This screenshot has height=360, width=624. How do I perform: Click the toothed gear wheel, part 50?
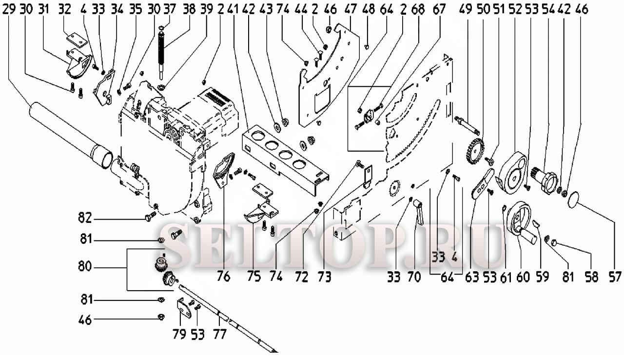pos(474,150)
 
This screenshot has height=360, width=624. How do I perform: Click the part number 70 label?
pos(414,277)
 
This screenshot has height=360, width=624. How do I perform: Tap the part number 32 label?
pos(64,9)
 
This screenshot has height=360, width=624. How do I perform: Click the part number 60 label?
pos(523,277)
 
